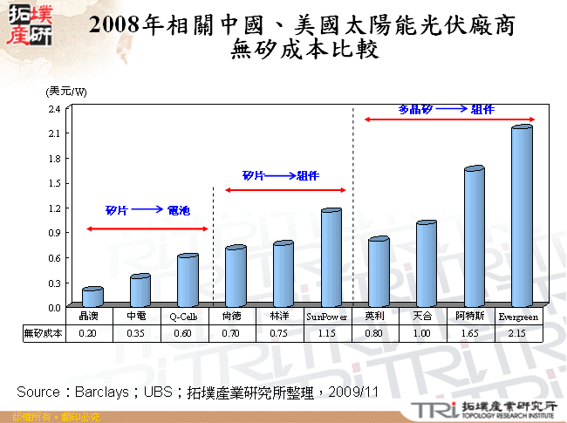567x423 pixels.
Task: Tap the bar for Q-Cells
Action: [x=188, y=280]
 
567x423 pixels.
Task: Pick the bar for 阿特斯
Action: [x=474, y=236]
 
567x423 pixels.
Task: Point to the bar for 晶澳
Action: [x=92, y=297]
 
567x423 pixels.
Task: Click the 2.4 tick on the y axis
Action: [x=54, y=109]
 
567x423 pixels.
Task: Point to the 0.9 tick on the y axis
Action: [x=54, y=233]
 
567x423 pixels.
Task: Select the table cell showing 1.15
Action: [x=327, y=333]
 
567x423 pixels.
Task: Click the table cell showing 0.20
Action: [x=88, y=333]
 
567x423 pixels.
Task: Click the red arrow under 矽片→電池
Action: [x=147, y=229]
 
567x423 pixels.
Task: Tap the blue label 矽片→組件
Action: [x=280, y=176]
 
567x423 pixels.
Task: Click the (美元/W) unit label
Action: [x=66, y=92]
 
